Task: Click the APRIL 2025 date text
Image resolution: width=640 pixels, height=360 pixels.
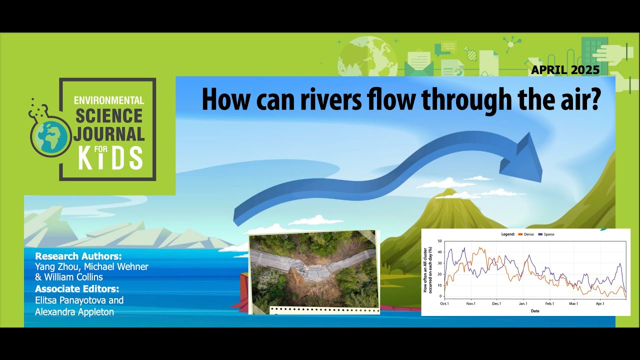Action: pos(565,70)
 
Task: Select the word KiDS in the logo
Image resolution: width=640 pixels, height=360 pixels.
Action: pos(110,158)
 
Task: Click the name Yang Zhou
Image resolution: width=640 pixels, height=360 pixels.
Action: pos(56,266)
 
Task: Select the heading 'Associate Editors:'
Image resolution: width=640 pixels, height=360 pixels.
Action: pos(77,288)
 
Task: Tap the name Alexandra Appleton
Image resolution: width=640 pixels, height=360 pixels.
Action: pos(74,311)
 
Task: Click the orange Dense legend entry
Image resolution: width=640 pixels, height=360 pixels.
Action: pos(526,234)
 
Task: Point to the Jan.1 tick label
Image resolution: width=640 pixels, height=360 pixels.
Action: pos(523,303)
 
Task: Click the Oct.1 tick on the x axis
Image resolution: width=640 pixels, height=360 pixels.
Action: pos(444,303)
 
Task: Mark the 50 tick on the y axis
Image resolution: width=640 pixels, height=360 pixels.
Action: pos(439,241)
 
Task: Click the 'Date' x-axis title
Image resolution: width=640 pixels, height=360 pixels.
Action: pos(535,310)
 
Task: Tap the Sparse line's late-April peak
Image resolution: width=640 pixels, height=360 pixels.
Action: pos(620,263)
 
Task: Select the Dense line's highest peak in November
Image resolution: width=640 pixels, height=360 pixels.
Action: pos(480,248)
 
